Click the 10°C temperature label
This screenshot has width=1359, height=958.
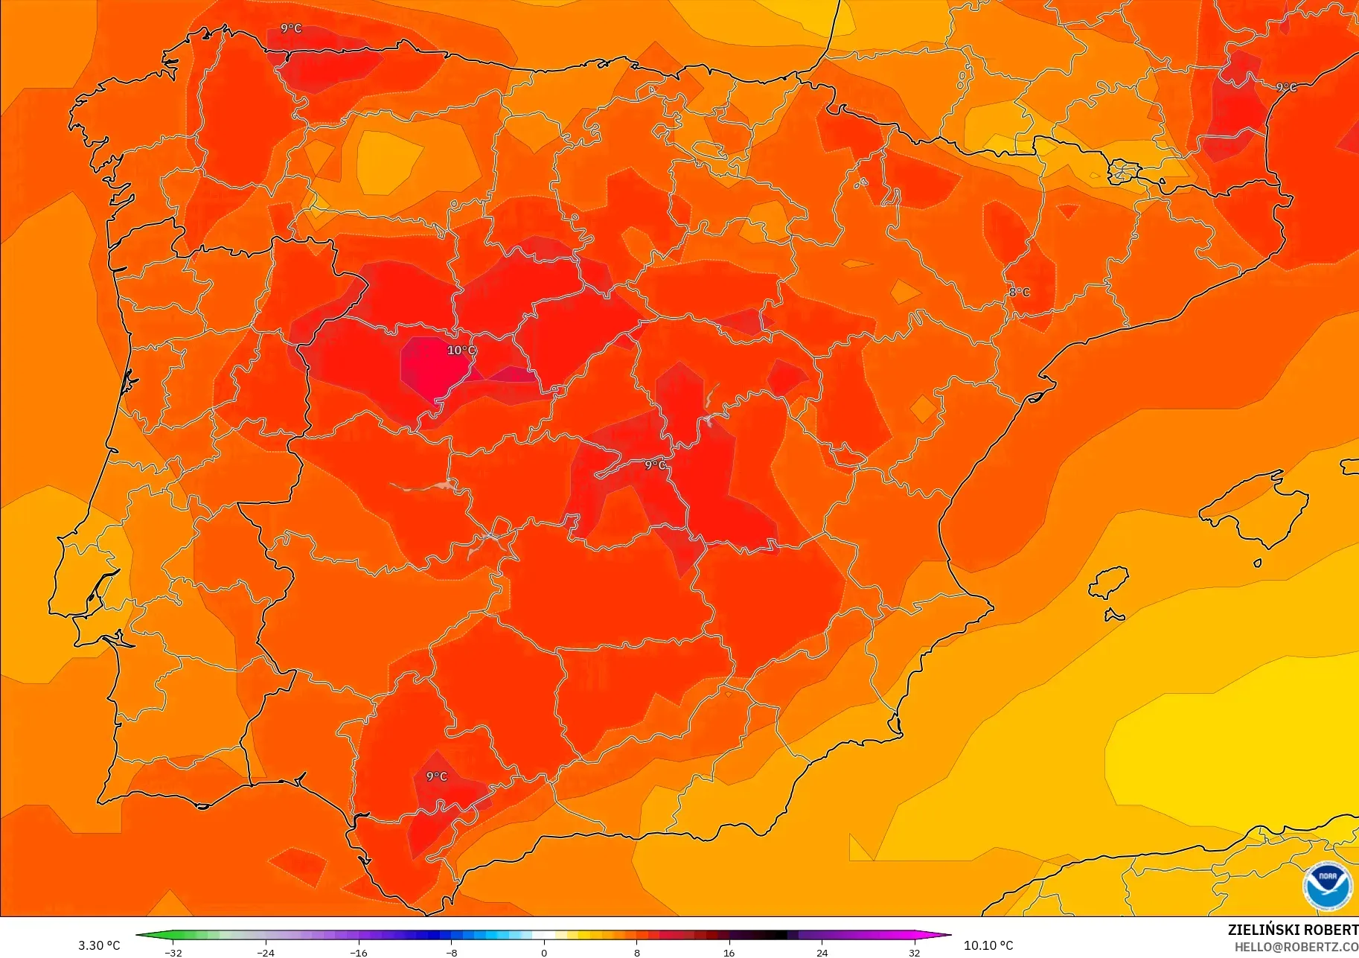point(461,351)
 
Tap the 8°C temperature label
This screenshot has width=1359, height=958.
point(1019,293)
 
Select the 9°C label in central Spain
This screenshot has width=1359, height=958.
point(655,465)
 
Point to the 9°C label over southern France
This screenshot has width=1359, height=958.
point(1286,87)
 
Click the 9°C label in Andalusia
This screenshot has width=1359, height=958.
point(436,776)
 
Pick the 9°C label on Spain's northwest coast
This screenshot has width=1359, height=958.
point(291,28)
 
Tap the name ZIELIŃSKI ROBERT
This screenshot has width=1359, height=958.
point(1293,930)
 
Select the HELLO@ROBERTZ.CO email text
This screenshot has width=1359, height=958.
point(1296,947)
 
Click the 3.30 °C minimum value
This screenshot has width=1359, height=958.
point(99,945)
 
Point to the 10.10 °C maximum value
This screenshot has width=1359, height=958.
point(988,945)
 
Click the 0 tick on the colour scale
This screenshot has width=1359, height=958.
point(544,952)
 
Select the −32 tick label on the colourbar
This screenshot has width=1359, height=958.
point(173,952)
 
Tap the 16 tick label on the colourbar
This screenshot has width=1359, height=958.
point(729,952)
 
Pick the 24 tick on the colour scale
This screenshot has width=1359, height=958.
point(822,952)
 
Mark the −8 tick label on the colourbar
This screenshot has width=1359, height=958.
point(451,952)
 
